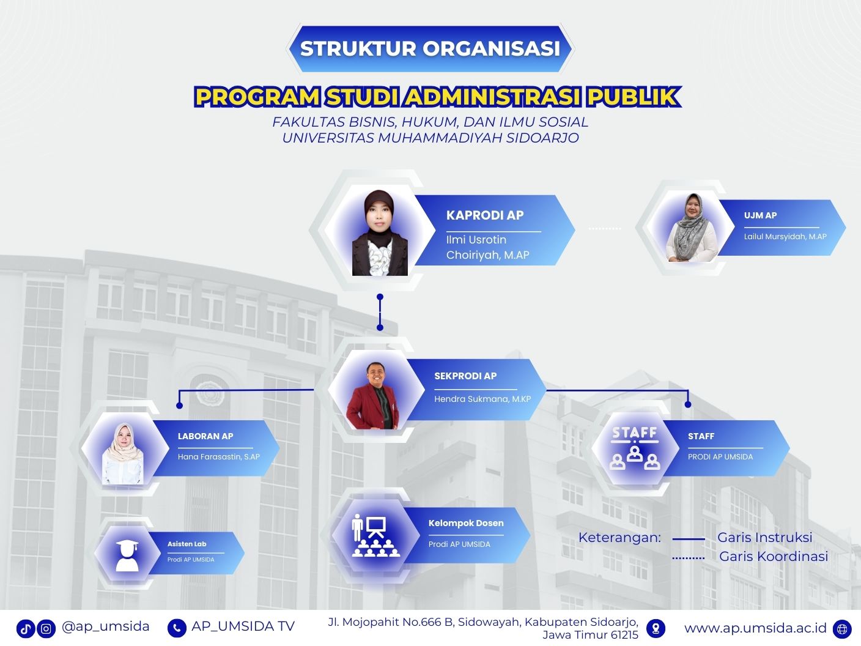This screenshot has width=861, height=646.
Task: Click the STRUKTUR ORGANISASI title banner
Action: (x=430, y=49)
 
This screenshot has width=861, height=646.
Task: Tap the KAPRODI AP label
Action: (x=485, y=215)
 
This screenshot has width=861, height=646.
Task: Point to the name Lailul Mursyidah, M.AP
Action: (x=785, y=237)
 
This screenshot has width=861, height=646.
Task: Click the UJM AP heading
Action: (x=760, y=215)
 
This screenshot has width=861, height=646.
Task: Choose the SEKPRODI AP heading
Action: (x=465, y=376)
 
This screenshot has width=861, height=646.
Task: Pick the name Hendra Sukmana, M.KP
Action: (x=482, y=399)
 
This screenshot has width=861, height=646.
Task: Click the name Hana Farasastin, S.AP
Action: (x=218, y=456)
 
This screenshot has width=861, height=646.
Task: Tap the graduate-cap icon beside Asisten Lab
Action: (x=127, y=555)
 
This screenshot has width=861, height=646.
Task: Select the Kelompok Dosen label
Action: (x=465, y=523)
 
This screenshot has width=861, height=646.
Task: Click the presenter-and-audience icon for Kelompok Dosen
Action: (x=376, y=535)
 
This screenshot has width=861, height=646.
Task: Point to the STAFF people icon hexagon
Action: (x=635, y=448)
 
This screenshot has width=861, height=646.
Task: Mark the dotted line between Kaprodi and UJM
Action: (x=604, y=228)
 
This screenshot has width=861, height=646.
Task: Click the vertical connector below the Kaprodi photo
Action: (x=380, y=312)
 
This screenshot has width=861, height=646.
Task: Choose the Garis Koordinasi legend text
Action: (x=773, y=556)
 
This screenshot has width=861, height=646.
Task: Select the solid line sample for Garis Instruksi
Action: (x=689, y=540)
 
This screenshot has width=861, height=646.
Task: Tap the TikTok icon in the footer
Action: (x=26, y=629)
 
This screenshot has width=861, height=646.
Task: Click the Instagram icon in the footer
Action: (x=46, y=629)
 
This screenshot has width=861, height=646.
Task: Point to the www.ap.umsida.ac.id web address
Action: (x=755, y=628)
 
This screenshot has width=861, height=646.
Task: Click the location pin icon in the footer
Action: (x=656, y=629)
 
